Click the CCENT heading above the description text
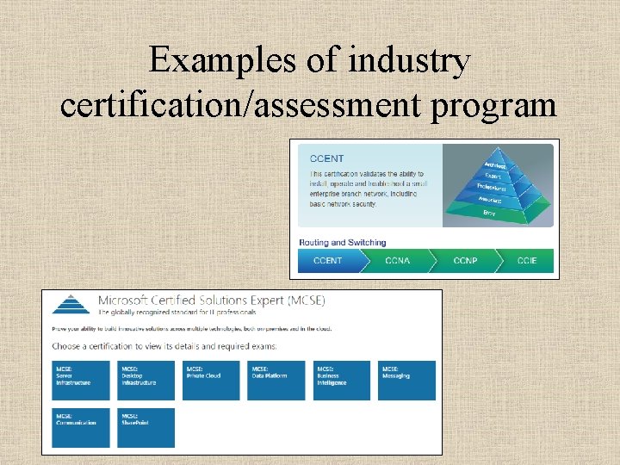click(x=327, y=158)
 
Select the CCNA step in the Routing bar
click(x=397, y=261)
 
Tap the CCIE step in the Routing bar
click(x=527, y=261)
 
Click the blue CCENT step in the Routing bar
click(x=327, y=261)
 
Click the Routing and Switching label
click(x=342, y=243)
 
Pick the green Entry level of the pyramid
click(x=489, y=212)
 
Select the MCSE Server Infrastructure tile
click(x=82, y=380)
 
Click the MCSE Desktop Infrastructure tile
click(x=146, y=380)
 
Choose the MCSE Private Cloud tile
click(x=212, y=380)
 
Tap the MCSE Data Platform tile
click(x=276, y=380)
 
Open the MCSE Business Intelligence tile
click(x=342, y=380)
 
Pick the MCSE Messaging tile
click(x=407, y=380)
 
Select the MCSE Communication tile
click(x=82, y=427)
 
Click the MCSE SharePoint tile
click(x=146, y=427)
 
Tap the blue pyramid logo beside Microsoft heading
click(x=71, y=304)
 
